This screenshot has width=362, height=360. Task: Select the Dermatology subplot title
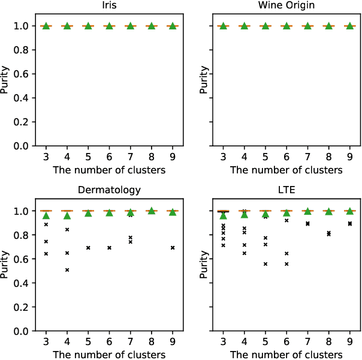click(110, 190)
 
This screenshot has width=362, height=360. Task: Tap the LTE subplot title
click(286, 190)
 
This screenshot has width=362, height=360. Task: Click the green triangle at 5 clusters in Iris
click(88, 26)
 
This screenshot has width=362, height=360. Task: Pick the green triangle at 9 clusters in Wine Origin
click(349, 26)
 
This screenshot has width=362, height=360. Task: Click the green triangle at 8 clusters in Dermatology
click(152, 211)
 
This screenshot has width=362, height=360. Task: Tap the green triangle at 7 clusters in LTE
click(307, 211)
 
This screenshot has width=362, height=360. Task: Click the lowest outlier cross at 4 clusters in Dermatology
click(67, 270)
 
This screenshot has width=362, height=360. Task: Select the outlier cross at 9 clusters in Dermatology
click(173, 248)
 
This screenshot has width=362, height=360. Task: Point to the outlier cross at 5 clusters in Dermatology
click(88, 248)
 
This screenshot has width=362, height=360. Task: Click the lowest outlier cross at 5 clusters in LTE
click(266, 264)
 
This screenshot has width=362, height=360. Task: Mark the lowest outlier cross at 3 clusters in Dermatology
click(46, 254)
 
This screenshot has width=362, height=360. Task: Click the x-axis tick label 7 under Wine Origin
click(307, 157)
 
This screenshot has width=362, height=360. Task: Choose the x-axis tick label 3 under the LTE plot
click(224, 342)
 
